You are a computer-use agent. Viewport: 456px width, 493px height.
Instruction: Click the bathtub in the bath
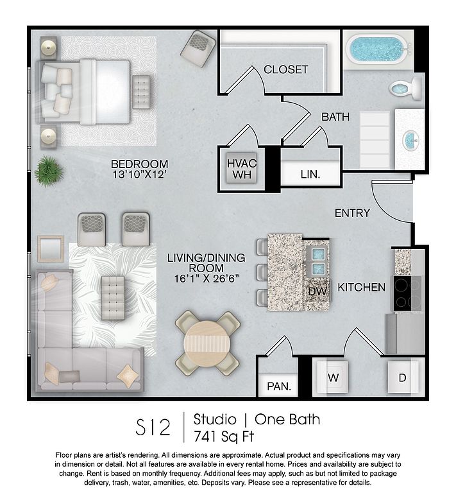pos(377,49)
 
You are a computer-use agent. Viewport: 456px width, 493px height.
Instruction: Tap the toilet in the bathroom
pos(405,88)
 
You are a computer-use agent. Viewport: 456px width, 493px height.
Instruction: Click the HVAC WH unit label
pos(242,169)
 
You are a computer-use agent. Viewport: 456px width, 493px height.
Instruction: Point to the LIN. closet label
pos(310,174)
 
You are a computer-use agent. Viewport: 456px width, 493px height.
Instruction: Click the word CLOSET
pos(286,69)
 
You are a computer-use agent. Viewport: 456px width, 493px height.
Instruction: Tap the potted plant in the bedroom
pos(49,171)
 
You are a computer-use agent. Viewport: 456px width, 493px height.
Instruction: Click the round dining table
pos(207,343)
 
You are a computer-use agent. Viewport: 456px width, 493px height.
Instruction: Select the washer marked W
pos(333,377)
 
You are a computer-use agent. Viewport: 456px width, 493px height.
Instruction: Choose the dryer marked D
pos(403,377)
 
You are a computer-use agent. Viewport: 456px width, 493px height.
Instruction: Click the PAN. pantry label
pos(279,386)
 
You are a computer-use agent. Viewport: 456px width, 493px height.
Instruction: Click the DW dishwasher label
pos(317,291)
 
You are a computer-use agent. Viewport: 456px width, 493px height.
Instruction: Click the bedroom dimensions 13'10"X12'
pos(139,174)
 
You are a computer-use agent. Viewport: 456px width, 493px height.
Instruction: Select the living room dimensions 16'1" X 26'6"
pos(207,278)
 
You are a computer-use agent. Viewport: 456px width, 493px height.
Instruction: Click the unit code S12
pos(153,427)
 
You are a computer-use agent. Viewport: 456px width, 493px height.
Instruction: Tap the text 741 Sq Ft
pos(224,437)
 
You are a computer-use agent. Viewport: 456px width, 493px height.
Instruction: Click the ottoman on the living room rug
pos(113,298)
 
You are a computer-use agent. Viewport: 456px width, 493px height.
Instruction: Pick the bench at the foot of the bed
pos(141,92)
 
